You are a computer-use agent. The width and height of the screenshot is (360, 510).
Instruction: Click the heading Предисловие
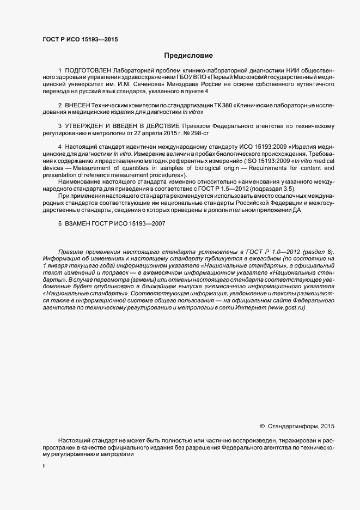click(x=189, y=56)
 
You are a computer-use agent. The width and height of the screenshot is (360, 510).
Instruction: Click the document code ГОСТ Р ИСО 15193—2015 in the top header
click(x=80, y=39)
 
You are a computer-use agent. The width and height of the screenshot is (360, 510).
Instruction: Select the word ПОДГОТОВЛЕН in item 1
click(x=88, y=71)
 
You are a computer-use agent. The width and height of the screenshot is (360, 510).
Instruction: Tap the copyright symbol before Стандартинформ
click(x=262, y=426)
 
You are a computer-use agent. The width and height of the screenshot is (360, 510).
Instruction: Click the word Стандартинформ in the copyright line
click(x=292, y=426)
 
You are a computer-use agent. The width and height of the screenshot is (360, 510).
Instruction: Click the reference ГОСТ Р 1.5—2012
click(x=213, y=189)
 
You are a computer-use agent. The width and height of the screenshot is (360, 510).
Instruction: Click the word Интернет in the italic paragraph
click(x=250, y=308)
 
